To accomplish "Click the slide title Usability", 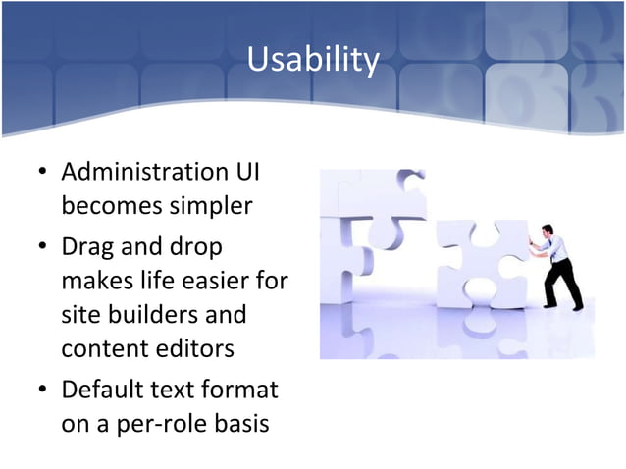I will pos(312,61).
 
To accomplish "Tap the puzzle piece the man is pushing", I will pos(481,265).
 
